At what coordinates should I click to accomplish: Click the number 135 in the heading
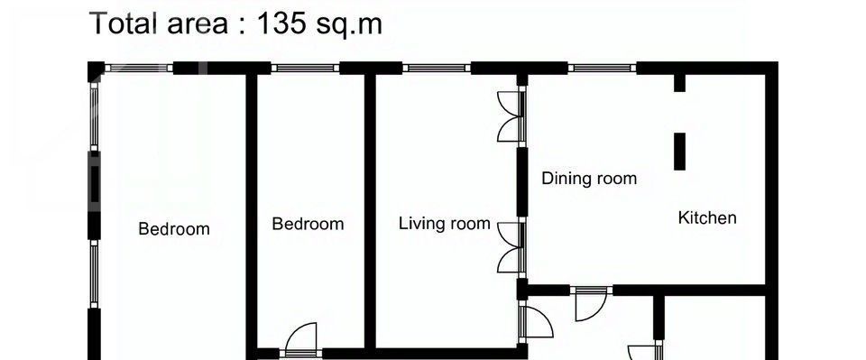coord(281,23)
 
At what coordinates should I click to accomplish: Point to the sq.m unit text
coord(348,25)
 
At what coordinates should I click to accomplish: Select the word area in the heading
coord(197,26)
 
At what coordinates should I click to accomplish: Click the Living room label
coord(445,224)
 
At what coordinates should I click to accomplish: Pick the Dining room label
coord(589,179)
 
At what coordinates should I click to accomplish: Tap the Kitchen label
coord(707,217)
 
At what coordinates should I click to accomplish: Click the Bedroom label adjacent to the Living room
coord(308,224)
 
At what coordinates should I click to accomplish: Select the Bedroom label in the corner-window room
coord(174,228)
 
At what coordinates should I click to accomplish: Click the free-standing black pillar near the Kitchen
coord(679,152)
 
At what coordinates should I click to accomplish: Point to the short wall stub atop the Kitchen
coord(679,83)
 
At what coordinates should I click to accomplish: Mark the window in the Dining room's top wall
coord(602,68)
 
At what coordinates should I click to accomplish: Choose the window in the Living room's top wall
coord(437,68)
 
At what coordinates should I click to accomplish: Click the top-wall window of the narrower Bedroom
coord(305,68)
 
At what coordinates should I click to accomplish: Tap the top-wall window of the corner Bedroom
coord(139,68)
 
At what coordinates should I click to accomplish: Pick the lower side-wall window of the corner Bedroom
coord(95,274)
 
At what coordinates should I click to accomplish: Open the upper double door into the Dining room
coord(511,116)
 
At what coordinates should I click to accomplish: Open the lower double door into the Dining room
coord(511,247)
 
